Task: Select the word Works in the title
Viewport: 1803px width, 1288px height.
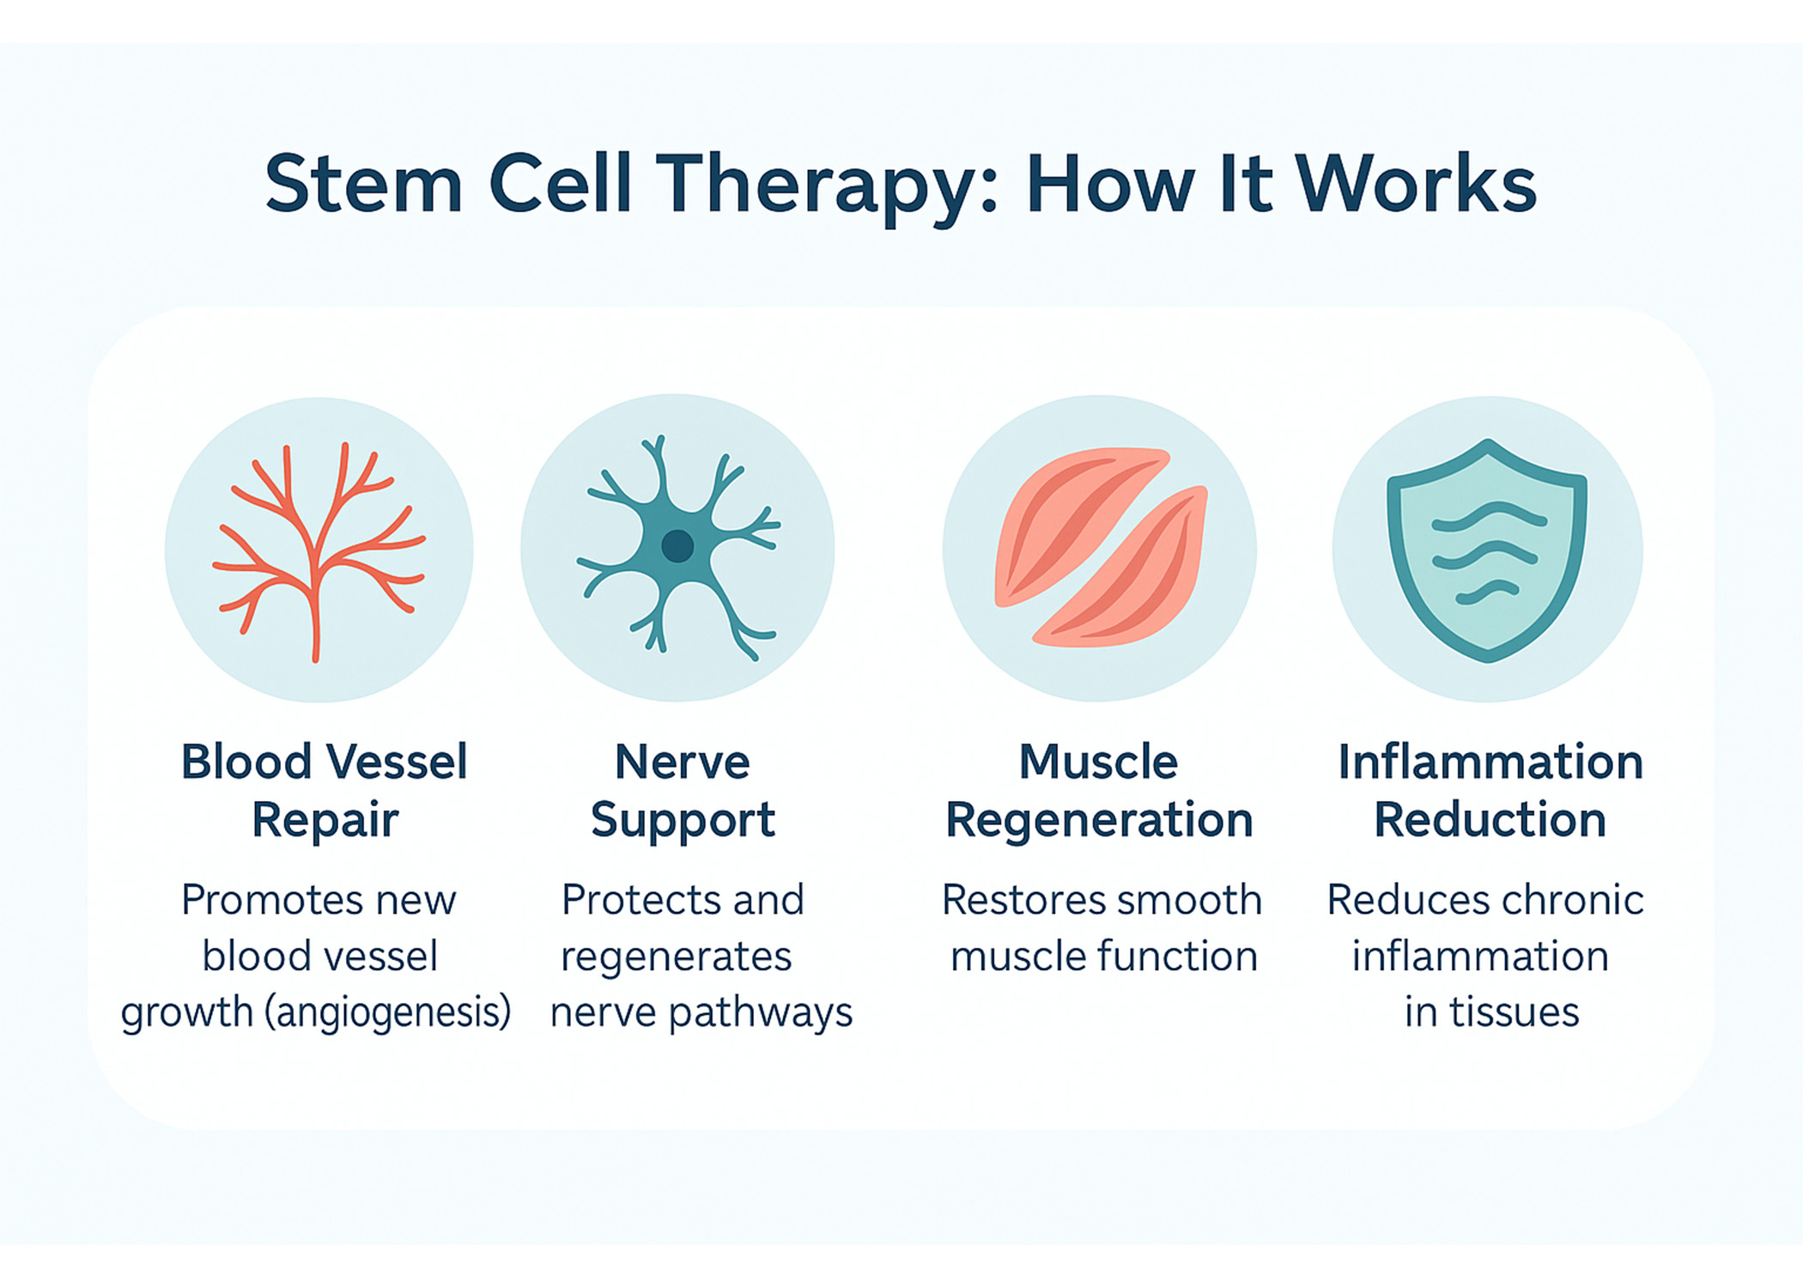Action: point(1416,184)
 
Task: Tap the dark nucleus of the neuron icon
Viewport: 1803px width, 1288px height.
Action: point(677,545)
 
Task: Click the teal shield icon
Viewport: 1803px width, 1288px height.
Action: point(1487,550)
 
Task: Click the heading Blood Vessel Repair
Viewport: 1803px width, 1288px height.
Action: point(325,790)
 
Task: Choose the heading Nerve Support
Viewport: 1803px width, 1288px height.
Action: point(683,790)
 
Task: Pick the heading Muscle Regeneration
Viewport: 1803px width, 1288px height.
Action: point(1099,790)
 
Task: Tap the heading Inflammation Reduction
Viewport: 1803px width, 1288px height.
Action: point(1490,790)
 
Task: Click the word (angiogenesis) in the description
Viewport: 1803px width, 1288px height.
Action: point(387,1012)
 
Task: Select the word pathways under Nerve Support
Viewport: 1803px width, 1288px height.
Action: point(761,1012)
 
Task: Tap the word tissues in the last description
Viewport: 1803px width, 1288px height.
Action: point(1515,1012)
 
